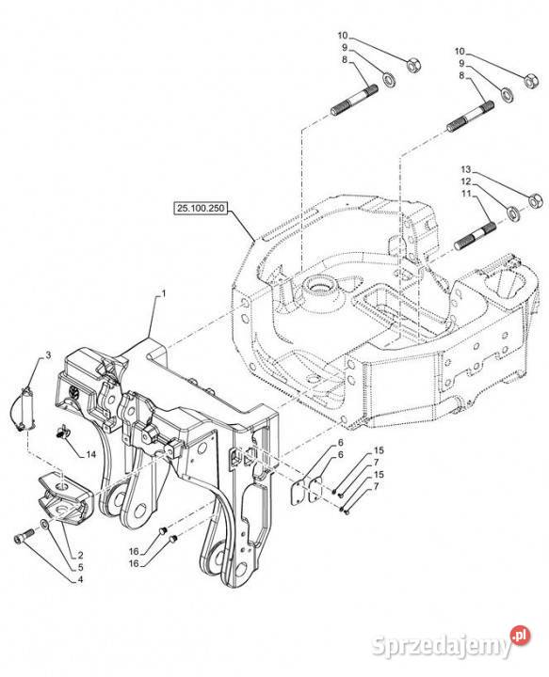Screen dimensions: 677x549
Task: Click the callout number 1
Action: (164, 294)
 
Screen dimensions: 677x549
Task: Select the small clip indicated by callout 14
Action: (63, 433)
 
